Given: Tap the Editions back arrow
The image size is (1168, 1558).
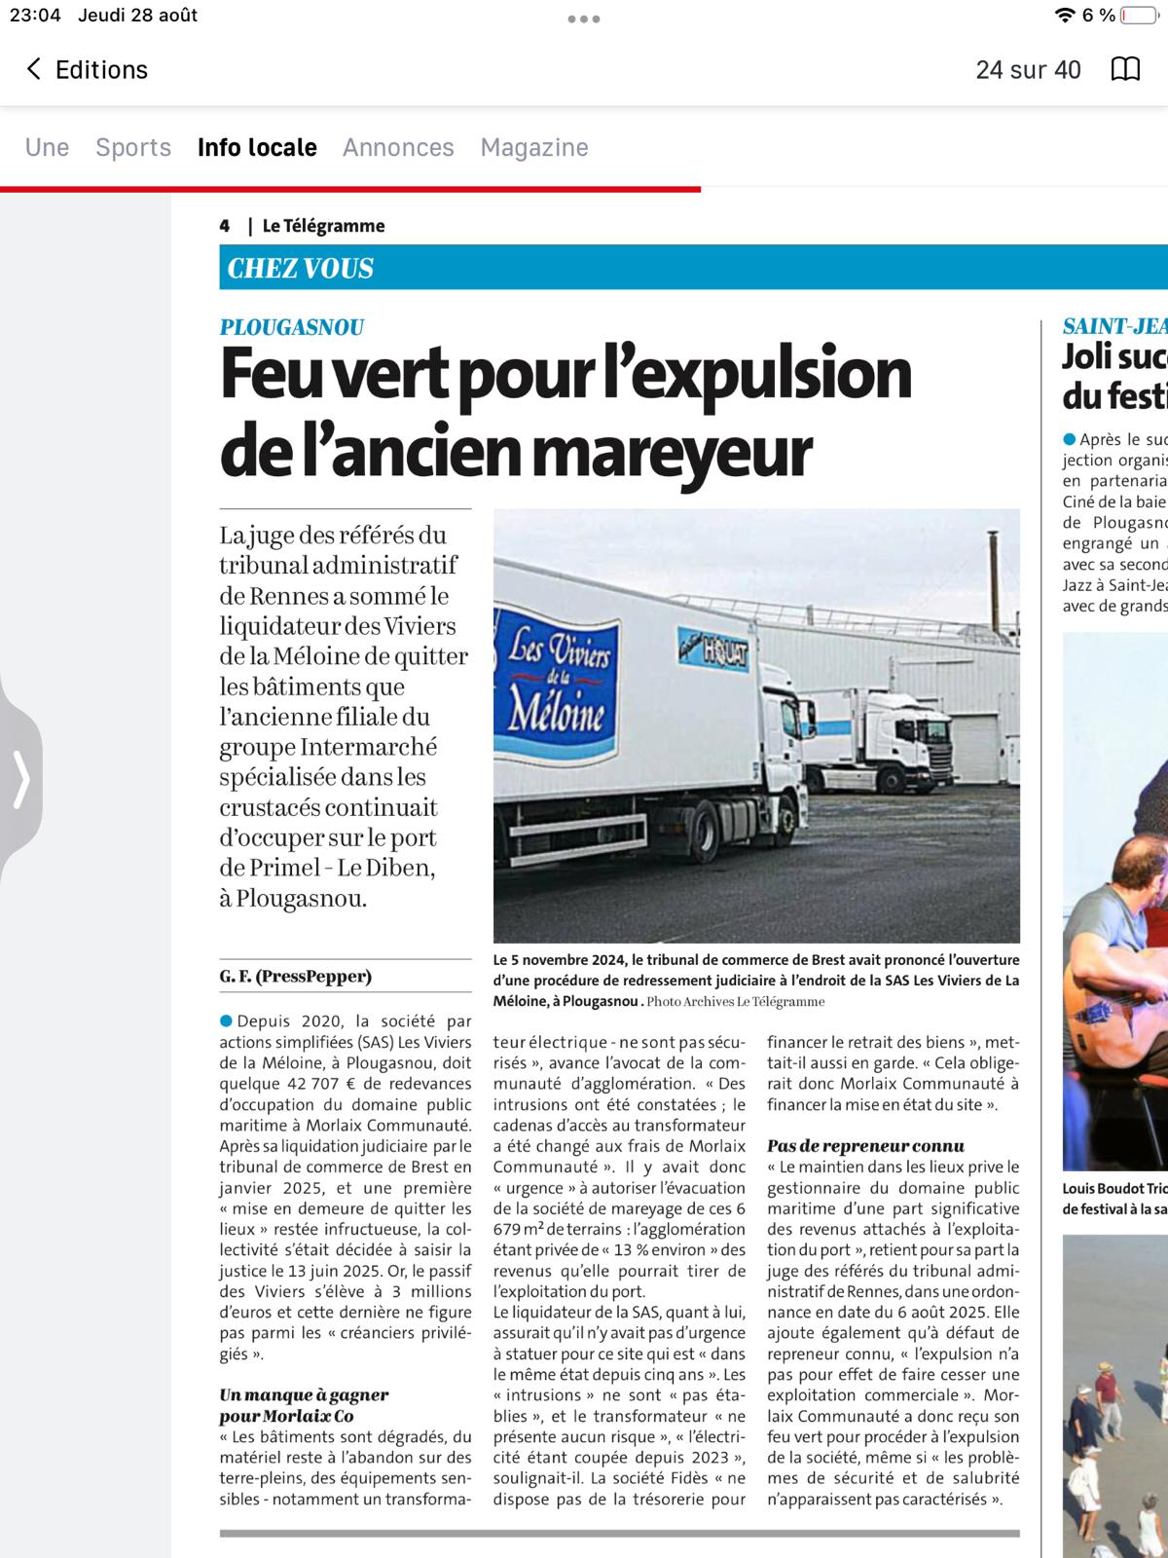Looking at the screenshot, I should [x=34, y=69].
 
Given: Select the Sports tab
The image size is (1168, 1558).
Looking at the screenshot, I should [x=133, y=147].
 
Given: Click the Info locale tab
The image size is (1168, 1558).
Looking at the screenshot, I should [x=257, y=147].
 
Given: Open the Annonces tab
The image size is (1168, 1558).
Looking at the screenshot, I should [x=398, y=147].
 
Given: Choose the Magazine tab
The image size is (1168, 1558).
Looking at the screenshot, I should [x=534, y=147].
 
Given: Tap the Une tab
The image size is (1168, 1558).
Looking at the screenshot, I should [x=47, y=147].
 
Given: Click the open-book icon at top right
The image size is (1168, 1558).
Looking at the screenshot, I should [x=1125, y=69].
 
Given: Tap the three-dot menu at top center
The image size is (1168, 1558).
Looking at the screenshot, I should [x=584, y=19].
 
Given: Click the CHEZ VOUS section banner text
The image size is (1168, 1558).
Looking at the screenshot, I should [x=301, y=269].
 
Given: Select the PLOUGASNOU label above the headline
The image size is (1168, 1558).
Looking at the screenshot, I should [x=292, y=327].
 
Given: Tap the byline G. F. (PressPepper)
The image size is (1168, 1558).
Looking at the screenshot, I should [x=295, y=976].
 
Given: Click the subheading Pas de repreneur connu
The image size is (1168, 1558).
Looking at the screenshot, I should [x=865, y=1146].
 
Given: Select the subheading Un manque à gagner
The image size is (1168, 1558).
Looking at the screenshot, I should [x=304, y=1395].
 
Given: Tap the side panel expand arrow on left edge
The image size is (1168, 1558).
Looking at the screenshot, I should [x=21, y=779].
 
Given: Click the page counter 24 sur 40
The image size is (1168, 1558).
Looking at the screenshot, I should [x=1028, y=69].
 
